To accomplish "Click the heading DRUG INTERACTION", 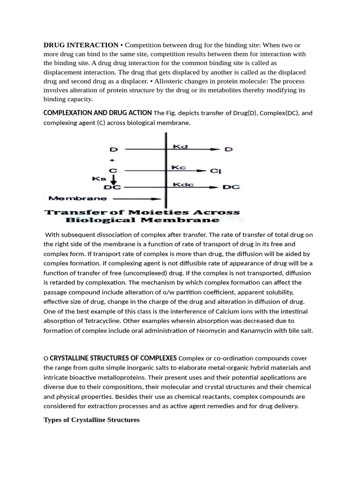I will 81,45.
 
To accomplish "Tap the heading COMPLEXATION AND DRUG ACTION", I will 97,112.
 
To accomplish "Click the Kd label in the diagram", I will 180,147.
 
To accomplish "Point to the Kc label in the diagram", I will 179,167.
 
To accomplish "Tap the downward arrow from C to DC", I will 113,180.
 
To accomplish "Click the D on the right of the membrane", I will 228,150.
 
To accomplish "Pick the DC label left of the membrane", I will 112,187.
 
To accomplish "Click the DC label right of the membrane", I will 231,187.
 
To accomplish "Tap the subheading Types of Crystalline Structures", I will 91,420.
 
